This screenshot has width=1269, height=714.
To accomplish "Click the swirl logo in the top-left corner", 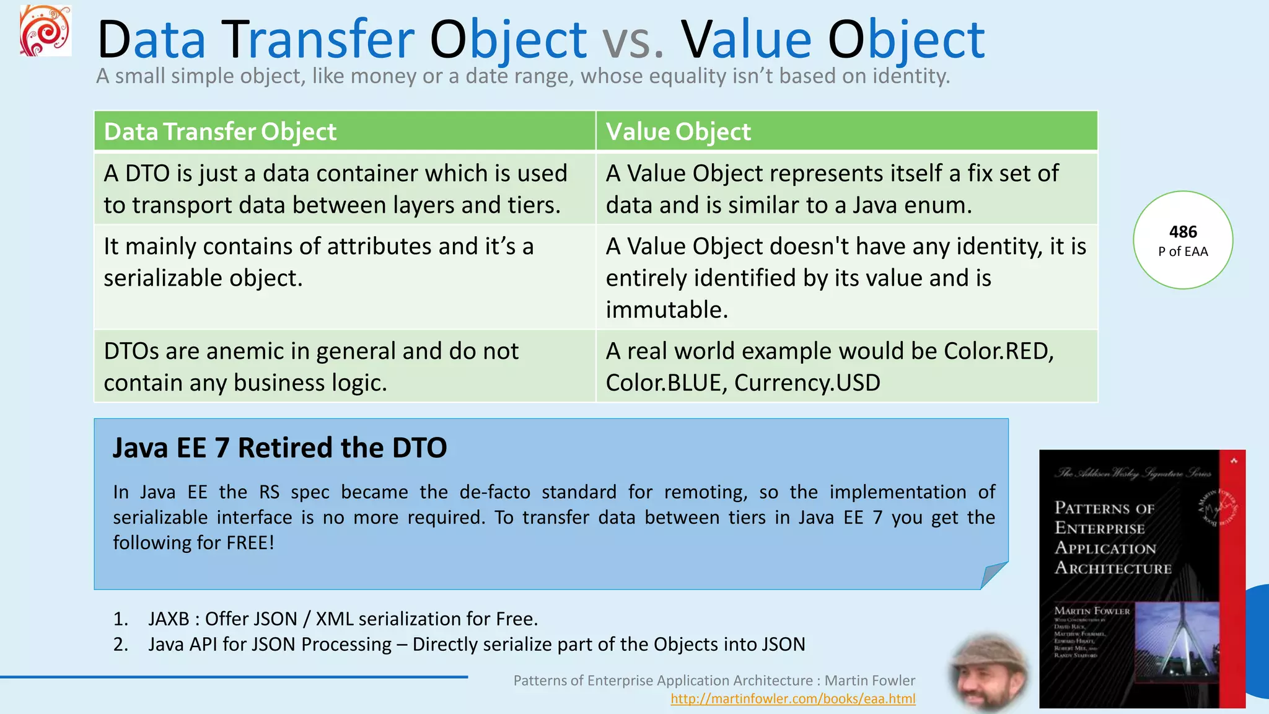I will tap(45, 31).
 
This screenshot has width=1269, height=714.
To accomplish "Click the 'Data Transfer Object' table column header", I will tap(220, 131).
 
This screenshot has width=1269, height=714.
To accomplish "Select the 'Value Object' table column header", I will tap(678, 131).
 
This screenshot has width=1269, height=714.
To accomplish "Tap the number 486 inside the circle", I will tap(1182, 232).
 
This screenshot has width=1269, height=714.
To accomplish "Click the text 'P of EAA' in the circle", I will tap(1182, 252).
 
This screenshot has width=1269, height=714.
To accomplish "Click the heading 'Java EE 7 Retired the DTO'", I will tap(279, 447).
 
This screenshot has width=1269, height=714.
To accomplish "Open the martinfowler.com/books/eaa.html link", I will tap(793, 699).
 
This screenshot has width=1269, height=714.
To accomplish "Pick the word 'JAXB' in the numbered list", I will tap(169, 619).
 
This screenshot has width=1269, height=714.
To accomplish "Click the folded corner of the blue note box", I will tap(993, 575).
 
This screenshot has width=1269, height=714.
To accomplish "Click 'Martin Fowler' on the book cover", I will tap(1092, 611).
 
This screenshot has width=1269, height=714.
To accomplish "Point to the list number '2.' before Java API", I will tap(121, 645).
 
